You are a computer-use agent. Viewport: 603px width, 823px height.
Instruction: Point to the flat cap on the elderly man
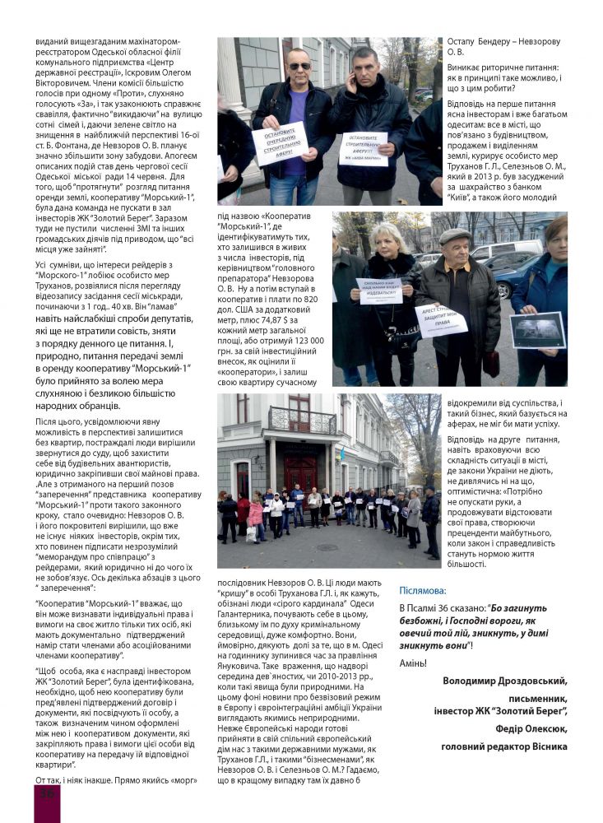point(455,236)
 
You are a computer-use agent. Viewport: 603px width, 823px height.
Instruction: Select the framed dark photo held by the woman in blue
point(537,329)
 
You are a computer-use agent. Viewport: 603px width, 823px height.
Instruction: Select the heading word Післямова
point(423,590)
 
